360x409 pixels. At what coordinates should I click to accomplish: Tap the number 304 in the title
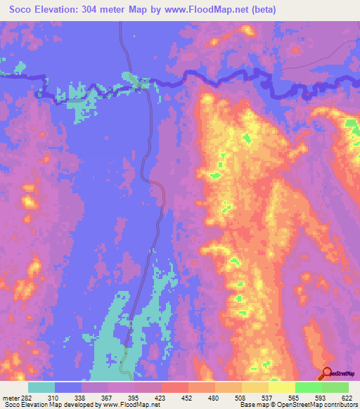[96, 10]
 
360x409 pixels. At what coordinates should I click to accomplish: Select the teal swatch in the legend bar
[41, 387]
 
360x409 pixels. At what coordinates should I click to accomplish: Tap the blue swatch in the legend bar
[68, 387]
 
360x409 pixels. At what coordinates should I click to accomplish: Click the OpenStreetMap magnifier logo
[327, 374]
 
